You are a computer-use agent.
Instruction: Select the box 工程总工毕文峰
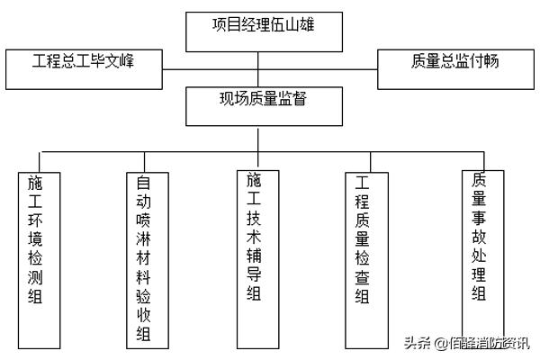(83, 68)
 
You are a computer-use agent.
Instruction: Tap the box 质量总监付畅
(454, 68)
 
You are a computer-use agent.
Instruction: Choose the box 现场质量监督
(258, 104)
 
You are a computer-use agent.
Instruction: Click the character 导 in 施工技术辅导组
(255, 278)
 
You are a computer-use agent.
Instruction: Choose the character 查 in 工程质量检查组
(364, 277)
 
